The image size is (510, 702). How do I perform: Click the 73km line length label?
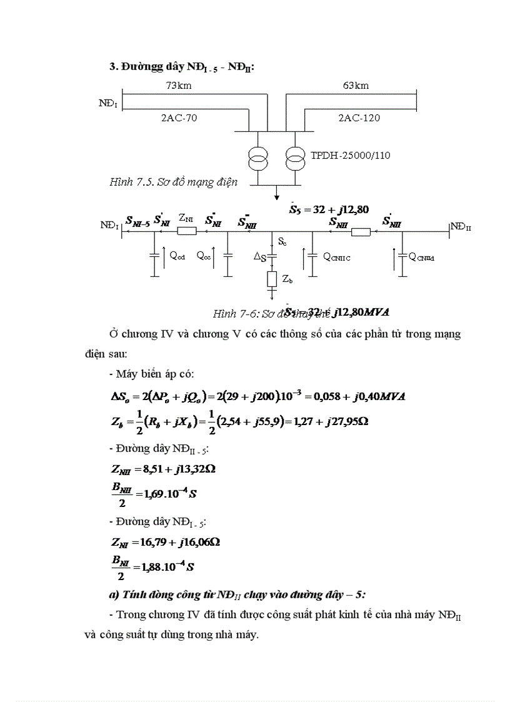point(179,86)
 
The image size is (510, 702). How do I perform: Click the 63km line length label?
point(356,86)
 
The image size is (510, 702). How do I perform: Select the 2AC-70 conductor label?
point(179,117)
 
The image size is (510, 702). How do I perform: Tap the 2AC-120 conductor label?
point(359,117)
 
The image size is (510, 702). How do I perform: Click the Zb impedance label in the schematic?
point(288,280)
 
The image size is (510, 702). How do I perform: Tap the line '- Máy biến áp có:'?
point(151,374)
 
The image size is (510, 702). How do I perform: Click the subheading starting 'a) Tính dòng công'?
point(237,593)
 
